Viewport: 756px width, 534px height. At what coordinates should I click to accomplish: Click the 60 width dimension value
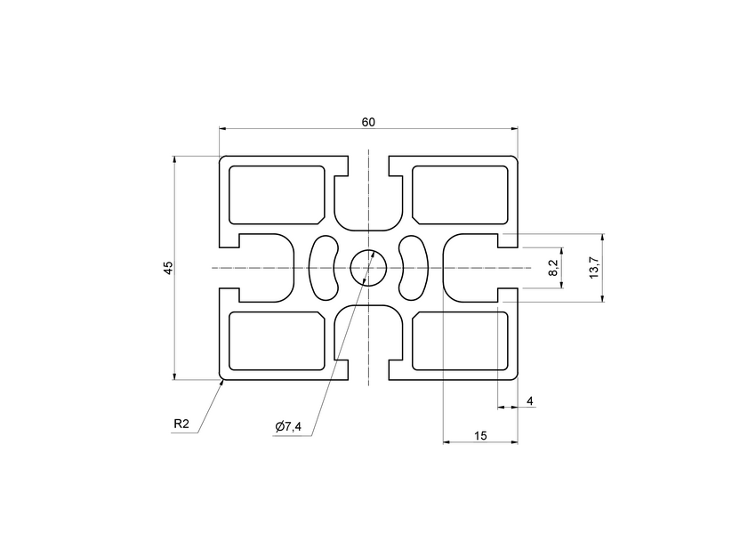(x=367, y=122)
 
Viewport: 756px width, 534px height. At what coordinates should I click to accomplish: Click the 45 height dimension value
(x=168, y=267)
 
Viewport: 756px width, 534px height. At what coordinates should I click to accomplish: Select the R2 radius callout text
(x=181, y=425)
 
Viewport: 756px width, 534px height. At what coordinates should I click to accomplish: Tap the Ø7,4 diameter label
(x=288, y=428)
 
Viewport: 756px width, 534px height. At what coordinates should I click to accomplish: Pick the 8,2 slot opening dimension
(x=553, y=267)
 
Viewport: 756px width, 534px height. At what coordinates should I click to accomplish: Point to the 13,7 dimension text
(x=593, y=267)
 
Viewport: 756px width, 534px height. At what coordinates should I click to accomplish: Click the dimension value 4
(x=530, y=401)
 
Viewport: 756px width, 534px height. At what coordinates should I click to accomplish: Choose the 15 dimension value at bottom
(x=480, y=435)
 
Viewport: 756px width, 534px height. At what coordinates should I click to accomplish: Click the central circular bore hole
(x=368, y=267)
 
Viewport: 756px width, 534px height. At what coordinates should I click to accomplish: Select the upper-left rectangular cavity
(x=277, y=194)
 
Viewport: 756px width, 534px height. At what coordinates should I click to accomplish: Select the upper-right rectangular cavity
(x=460, y=194)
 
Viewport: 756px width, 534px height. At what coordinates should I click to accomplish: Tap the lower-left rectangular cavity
(x=277, y=341)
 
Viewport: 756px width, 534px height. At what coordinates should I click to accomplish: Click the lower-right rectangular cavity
(x=460, y=341)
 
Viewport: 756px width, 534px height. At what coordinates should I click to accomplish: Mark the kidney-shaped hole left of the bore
(x=324, y=267)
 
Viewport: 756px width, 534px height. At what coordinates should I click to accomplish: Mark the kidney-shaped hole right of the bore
(x=413, y=267)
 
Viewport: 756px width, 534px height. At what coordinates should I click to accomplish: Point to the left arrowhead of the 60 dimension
(x=223, y=129)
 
